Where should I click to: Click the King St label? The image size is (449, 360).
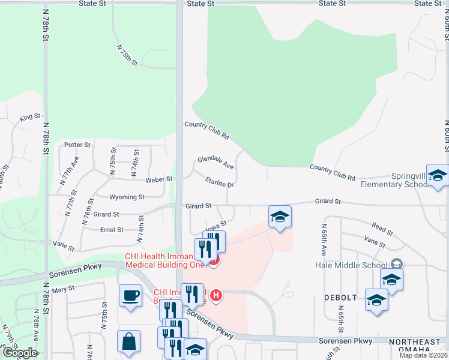click(29, 117)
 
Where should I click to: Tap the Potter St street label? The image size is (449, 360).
click(77, 145)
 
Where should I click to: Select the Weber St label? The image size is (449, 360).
click(159, 179)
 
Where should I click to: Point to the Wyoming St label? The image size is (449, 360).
click(127, 197)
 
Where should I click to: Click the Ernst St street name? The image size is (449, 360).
click(112, 230)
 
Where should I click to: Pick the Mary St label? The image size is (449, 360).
click(62, 289)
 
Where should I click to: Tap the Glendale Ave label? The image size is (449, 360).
click(215, 163)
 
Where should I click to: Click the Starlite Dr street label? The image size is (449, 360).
click(218, 182)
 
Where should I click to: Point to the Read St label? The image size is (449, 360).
click(382, 227)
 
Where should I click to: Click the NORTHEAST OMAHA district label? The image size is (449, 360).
click(418, 346)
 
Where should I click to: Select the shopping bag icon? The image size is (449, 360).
click(128, 341)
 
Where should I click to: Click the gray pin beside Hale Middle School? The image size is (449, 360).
click(396, 263)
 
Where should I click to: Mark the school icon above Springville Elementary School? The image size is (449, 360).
click(438, 175)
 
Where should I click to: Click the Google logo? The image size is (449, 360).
click(20, 353)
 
